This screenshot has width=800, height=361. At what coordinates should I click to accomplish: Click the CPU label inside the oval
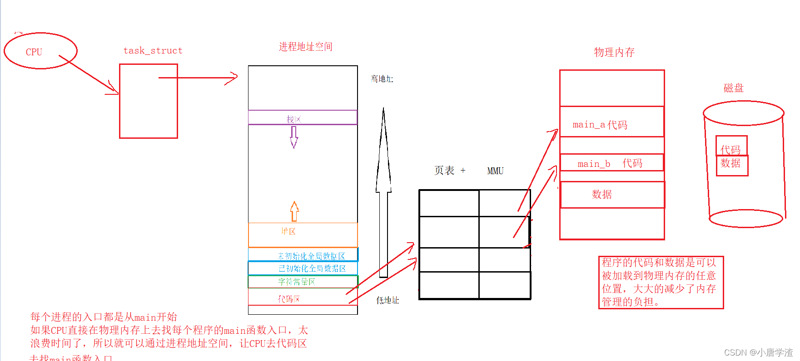coord(34,52)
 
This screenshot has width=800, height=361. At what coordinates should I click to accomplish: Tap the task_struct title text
coord(153,50)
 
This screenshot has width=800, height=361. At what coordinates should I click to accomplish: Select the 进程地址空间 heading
coord(305,47)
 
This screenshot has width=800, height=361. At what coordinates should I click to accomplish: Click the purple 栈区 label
coord(293,119)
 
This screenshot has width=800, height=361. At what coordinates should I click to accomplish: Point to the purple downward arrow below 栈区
coord(294,137)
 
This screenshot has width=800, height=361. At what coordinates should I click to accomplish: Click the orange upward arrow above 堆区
coord(294,211)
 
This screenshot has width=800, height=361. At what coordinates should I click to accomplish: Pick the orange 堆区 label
coord(288,231)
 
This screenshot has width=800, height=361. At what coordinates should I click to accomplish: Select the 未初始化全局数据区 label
coord(311,256)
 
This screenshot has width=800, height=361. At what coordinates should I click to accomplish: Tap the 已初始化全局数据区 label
coord(312,268)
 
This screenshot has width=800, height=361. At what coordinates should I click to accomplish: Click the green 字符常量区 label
coord(296,282)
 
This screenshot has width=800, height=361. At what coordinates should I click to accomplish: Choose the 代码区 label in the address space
coord(289,299)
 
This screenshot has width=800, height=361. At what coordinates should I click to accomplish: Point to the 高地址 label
coord(382,79)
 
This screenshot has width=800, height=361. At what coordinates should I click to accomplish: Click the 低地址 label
coord(388,300)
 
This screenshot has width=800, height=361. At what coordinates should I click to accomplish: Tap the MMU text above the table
coord(495,171)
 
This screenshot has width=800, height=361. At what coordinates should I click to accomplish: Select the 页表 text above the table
coord(444,171)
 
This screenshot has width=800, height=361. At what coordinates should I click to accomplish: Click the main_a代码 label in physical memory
coord(600,125)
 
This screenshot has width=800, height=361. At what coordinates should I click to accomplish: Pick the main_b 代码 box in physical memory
coord(611,163)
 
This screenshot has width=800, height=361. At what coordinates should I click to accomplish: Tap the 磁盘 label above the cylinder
coord(733,88)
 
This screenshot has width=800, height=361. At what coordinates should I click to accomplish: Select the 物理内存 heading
coord(614,53)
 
